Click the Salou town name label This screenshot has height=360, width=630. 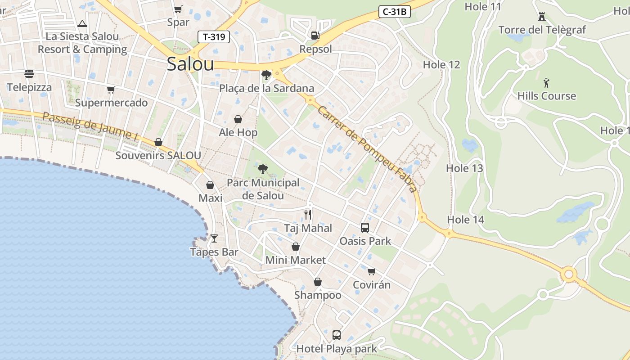(x=190, y=64)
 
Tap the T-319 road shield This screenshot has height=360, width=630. (x=214, y=37)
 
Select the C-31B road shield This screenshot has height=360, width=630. (x=395, y=12)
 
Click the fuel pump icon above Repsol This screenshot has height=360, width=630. (x=315, y=35)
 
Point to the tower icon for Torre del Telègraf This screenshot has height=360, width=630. (x=542, y=17)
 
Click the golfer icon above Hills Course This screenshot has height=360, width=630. (x=546, y=83)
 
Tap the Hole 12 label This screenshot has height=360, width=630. (x=441, y=65)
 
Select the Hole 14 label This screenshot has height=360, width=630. (x=465, y=220)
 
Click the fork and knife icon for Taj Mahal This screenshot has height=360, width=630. (x=308, y=214)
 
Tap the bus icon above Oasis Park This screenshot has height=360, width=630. (x=364, y=228)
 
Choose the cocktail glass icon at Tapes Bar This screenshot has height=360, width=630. (x=214, y=238)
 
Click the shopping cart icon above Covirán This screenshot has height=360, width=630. (x=371, y=271)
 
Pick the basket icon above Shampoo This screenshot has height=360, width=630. (x=318, y=282)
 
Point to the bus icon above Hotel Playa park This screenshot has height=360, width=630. (x=336, y=335)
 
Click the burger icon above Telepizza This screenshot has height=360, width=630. (x=29, y=74)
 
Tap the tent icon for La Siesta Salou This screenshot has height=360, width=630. (x=82, y=23)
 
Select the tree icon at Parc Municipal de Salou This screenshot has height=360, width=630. (x=263, y=169)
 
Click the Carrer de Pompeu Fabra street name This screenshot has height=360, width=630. (x=367, y=148)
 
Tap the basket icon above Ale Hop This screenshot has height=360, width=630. (x=238, y=119)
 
